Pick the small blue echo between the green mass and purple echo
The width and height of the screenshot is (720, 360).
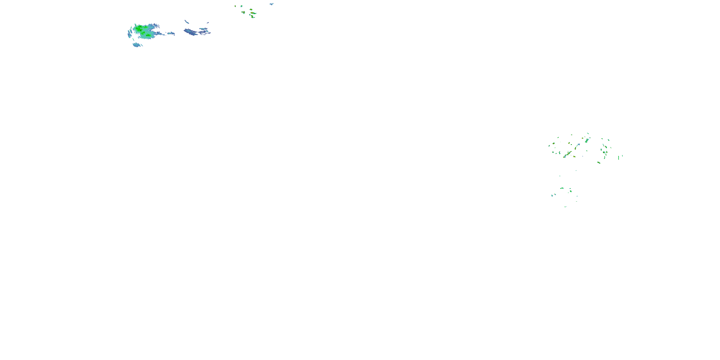tap(171, 34)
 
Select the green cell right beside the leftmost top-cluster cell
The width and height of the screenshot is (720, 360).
tap(241, 6)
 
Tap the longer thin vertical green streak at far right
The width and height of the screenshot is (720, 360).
tap(618, 158)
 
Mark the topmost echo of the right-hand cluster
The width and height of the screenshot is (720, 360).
tap(588, 133)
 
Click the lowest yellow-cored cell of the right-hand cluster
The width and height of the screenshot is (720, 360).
tap(599, 162)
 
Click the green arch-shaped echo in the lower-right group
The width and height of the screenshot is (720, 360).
tap(562, 188)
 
